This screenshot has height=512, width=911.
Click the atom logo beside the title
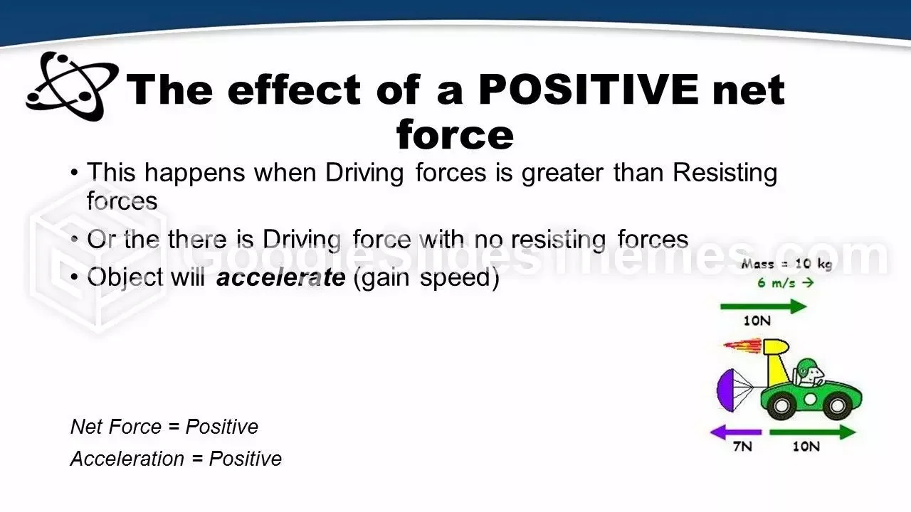(x=72, y=86)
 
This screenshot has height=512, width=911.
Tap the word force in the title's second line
(x=455, y=134)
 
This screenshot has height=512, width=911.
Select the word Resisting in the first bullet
(x=725, y=173)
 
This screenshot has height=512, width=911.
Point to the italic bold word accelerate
(x=281, y=277)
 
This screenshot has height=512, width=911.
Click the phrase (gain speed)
(x=426, y=278)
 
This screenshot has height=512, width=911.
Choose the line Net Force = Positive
(x=164, y=427)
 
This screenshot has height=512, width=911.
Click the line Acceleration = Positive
(x=176, y=459)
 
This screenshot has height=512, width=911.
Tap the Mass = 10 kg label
(x=786, y=264)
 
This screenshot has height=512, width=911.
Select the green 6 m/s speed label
(x=786, y=282)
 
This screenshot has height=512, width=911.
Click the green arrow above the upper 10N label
(x=764, y=306)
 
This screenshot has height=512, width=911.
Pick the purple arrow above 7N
(x=736, y=432)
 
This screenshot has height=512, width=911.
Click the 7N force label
(x=742, y=447)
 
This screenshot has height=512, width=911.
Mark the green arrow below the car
(x=813, y=432)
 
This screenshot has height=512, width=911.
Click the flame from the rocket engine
(x=742, y=346)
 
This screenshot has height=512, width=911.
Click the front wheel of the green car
(x=838, y=405)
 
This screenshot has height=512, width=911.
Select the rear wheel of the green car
(x=781, y=405)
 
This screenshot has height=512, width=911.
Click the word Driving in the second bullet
(x=302, y=240)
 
